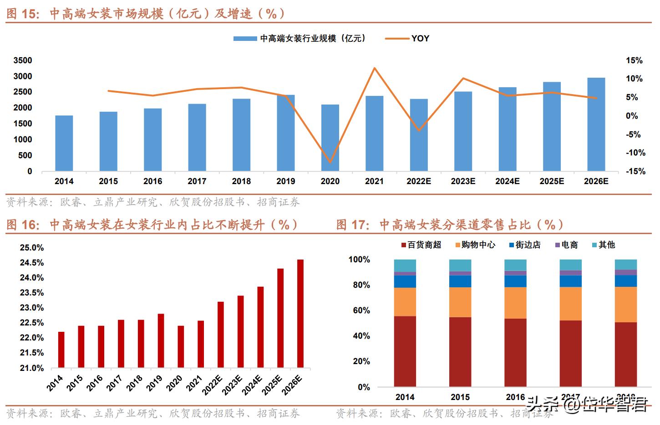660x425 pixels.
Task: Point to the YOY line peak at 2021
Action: (x=374, y=68)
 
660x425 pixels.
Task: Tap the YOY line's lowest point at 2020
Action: (x=330, y=162)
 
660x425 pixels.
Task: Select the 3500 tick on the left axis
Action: (x=23, y=60)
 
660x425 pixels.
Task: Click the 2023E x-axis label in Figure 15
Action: (x=463, y=181)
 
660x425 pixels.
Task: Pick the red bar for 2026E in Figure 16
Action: (x=300, y=313)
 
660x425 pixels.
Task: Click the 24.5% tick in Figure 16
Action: (x=32, y=263)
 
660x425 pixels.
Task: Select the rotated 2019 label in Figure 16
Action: (x=155, y=383)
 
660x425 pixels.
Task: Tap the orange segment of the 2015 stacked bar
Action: (x=460, y=302)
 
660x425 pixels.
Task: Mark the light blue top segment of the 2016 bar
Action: (x=515, y=265)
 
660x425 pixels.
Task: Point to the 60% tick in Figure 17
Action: (x=359, y=310)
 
